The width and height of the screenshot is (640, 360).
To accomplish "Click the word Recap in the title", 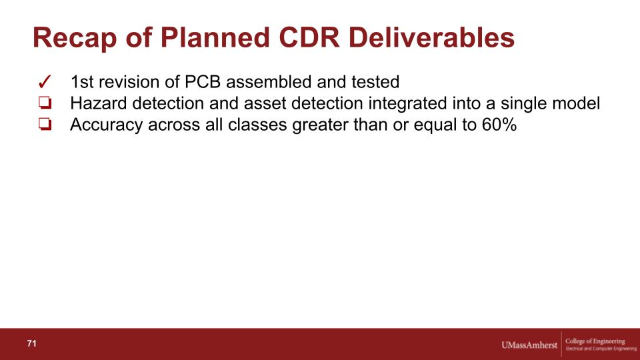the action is (75, 39).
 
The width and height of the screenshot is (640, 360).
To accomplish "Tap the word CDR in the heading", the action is (309, 37).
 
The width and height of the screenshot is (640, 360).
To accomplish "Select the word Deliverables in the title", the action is (431, 37).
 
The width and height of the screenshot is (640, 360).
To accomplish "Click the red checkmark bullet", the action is (45, 81).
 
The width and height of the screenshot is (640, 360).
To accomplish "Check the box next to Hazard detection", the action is (45, 103).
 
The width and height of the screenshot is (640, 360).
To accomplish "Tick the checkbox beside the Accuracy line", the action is (45, 124).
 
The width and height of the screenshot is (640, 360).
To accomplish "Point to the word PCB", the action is (203, 81).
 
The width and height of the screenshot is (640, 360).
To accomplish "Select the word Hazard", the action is (99, 103).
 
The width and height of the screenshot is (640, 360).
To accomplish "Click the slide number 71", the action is (31, 343).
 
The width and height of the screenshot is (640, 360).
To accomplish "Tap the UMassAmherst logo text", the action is (529, 345).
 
